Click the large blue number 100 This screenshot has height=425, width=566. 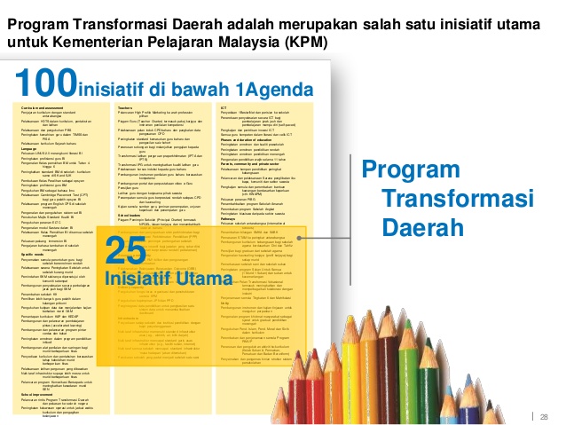[x=44, y=85]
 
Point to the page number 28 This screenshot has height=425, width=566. [x=544, y=392]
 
